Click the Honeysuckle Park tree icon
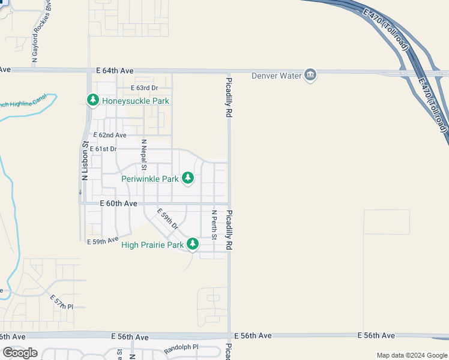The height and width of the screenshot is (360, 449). (92, 100)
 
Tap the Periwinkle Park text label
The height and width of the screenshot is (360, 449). (149, 178)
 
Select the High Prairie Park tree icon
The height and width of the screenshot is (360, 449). (193, 244)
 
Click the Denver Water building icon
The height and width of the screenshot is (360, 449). (310, 74)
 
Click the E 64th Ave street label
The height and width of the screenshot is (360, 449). (115, 71)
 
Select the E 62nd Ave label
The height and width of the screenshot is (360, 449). (108, 136)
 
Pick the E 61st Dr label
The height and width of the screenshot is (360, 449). (103, 149)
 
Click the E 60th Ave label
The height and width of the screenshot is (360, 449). (119, 204)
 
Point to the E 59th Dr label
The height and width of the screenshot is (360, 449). (168, 219)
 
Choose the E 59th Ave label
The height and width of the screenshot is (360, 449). (102, 241)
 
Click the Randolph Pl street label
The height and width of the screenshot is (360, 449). (181, 348)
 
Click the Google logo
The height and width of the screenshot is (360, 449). (20, 352)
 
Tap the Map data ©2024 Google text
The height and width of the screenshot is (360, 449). (411, 355)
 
